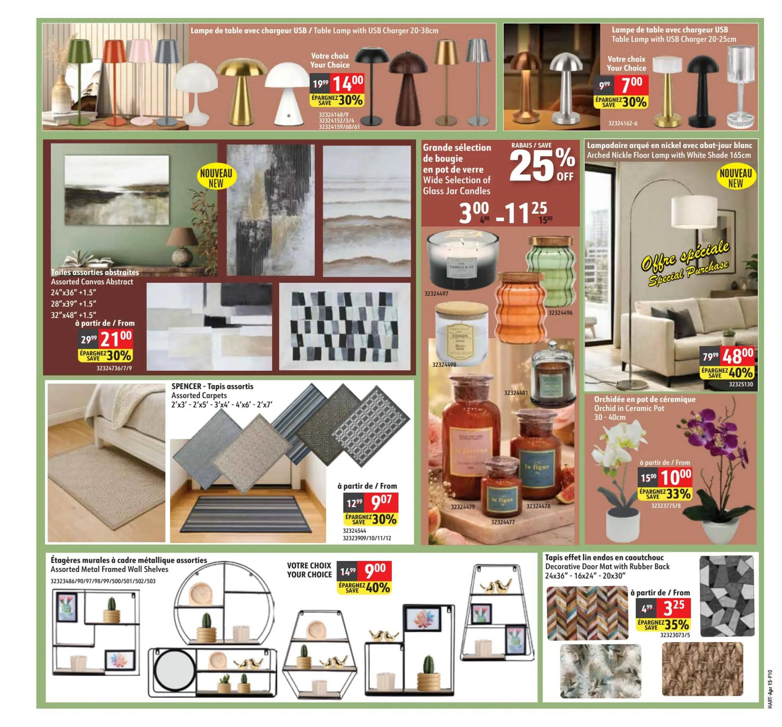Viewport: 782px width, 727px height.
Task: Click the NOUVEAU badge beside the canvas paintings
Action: click(216, 178)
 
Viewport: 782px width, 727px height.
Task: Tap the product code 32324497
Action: click(436, 293)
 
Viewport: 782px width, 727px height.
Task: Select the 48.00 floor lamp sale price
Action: click(738, 357)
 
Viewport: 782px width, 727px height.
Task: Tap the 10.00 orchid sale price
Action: click(675, 478)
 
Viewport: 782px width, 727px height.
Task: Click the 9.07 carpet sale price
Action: click(381, 502)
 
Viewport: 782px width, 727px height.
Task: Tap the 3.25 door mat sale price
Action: click(674, 608)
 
